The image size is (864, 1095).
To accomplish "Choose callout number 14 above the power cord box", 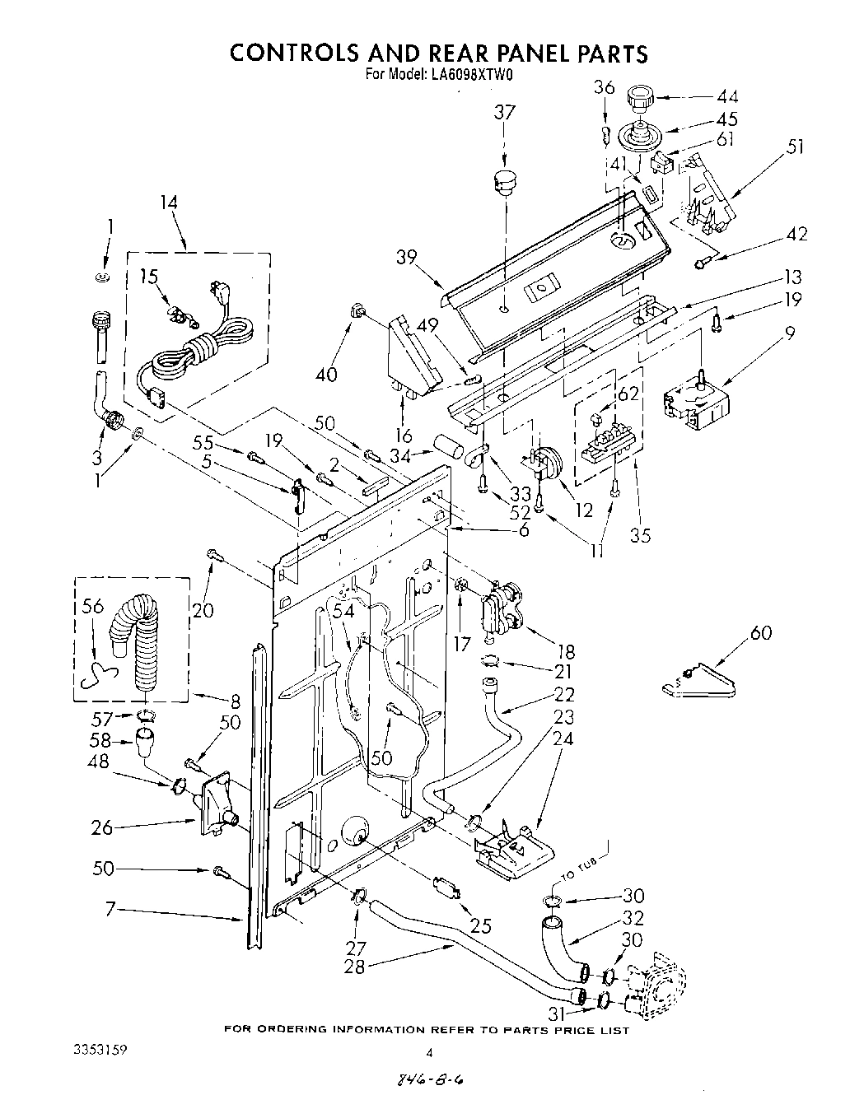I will (x=169, y=203).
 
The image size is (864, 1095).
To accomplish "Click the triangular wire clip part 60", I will (x=700, y=680).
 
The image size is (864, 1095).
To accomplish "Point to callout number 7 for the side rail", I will (x=109, y=909).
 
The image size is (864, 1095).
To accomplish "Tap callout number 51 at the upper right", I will (x=795, y=147).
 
